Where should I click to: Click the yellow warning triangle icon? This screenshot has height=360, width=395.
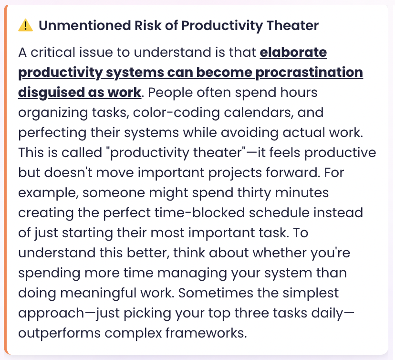coord(25,25)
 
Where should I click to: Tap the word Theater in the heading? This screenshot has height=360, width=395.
coord(292,25)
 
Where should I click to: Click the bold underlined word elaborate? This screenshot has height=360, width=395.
coord(293,53)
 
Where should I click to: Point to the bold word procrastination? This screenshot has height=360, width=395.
coord(309,73)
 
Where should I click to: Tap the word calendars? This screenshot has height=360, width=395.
coord(259,113)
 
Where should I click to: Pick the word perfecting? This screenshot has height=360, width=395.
coord(52,133)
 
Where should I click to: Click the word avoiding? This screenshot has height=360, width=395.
coord(249,133)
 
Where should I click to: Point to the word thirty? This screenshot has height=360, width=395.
coord(253,193)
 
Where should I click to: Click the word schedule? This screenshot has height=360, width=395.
coord(279,213)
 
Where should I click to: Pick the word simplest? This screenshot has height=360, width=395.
coord(311,293)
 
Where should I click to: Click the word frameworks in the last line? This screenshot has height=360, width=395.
coord(206,333)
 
